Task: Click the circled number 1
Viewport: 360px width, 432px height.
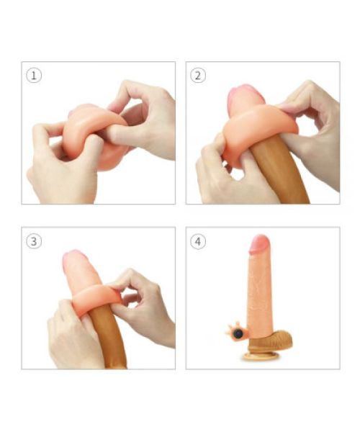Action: pos(34,76)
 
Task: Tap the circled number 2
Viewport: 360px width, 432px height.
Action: pos(198,76)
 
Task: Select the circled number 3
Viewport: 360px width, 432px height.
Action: pos(34,241)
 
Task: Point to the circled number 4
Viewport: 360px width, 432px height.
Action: pos(198,241)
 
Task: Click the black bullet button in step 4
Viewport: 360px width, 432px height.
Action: pos(238,333)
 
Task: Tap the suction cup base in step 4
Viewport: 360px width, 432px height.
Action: pos(261,356)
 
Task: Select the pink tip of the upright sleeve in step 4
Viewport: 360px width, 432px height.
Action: pos(259,243)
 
